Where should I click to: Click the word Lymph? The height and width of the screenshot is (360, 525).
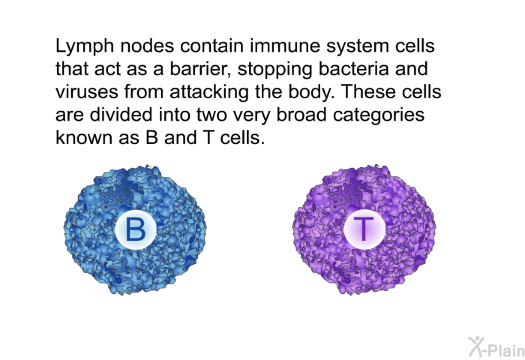[x=85, y=46]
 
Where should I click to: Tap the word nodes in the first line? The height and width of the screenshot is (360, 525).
[x=147, y=46]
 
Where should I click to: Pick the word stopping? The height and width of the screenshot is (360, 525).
[x=274, y=70]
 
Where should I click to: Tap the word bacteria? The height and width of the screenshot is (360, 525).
[x=353, y=68]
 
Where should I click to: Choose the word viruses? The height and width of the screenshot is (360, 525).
[x=87, y=92]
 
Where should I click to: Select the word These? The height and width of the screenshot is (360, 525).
[x=368, y=91]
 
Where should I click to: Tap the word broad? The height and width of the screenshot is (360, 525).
[x=301, y=115]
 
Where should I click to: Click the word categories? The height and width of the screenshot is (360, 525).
[x=379, y=115]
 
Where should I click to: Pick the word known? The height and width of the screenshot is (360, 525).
[x=84, y=137]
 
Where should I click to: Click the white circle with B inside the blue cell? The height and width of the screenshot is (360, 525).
[x=135, y=229]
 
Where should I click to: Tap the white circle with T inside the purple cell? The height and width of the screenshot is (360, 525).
[x=364, y=229]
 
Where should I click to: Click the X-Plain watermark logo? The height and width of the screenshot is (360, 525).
[x=496, y=347]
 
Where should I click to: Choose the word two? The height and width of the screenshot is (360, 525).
[x=211, y=115]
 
